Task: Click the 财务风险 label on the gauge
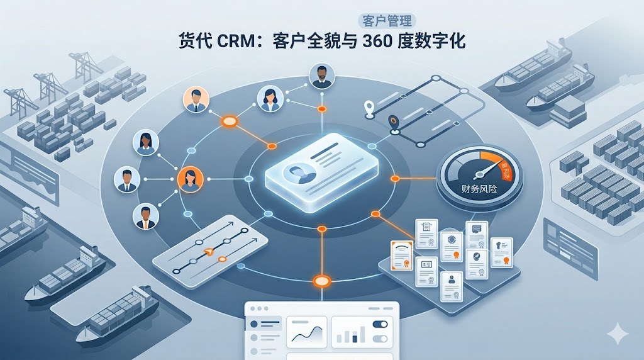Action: [479, 188]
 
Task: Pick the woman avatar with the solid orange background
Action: [191, 179]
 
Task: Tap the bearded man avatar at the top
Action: [322, 76]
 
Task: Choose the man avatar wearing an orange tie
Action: [146, 217]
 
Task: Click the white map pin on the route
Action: [369, 108]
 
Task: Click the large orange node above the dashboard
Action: [322, 281]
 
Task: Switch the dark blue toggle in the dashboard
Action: [380, 325]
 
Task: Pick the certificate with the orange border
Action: [401, 257]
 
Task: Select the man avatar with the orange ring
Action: [195, 99]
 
